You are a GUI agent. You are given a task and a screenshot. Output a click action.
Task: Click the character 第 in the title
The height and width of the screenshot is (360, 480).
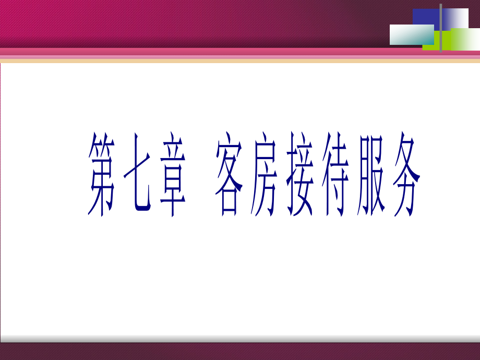point(101,174)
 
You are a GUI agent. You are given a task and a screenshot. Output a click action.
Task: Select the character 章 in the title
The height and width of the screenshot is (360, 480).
point(173,174)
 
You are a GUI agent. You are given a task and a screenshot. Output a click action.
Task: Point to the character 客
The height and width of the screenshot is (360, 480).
point(229,174)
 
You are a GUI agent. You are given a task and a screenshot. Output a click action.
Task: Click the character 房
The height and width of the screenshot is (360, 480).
point(264,174)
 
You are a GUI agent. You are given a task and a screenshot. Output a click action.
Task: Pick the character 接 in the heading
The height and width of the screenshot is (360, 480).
point(300,174)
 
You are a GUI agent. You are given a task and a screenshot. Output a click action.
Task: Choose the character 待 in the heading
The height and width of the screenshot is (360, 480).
point(335,174)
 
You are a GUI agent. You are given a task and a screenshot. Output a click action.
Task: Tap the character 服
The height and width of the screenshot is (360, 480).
point(371,174)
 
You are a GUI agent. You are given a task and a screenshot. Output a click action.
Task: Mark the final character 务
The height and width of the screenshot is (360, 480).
point(406,174)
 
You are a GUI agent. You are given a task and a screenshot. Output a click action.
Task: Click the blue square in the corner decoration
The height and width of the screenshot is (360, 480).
point(426,17)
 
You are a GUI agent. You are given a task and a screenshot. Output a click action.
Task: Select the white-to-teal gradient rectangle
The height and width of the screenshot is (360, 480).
point(412,34)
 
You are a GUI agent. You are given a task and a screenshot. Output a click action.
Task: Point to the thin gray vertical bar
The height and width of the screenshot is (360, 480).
point(441,28)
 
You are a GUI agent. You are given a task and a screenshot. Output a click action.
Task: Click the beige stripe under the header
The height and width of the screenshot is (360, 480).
point(240,61)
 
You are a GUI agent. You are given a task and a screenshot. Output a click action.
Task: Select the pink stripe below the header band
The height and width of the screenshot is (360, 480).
point(240,52)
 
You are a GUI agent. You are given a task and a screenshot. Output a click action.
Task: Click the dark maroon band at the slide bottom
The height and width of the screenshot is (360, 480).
point(240,352)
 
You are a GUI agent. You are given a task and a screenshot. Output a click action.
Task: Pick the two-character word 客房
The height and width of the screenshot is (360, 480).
point(246,174)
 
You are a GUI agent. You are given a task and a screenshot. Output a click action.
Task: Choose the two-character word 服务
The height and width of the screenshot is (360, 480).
point(389,174)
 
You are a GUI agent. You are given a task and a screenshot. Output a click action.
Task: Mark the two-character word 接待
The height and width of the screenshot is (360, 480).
point(318,174)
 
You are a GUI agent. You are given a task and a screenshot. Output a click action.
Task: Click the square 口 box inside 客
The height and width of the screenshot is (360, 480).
point(229,202)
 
